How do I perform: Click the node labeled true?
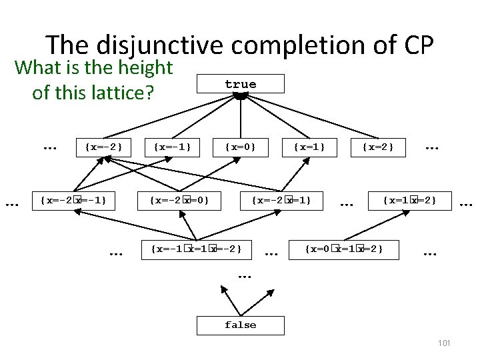coord(241,84)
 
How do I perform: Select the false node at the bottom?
coord(240,325)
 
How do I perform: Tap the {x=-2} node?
coord(104,146)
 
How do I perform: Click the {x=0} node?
coord(240,146)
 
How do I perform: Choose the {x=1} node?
coord(308,146)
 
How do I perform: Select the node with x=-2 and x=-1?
coord(73,200)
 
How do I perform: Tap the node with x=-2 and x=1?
coord(281,200)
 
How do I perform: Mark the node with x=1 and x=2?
coord(409,200)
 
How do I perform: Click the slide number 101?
coord(445,343)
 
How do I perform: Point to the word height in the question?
coord(143,67)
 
